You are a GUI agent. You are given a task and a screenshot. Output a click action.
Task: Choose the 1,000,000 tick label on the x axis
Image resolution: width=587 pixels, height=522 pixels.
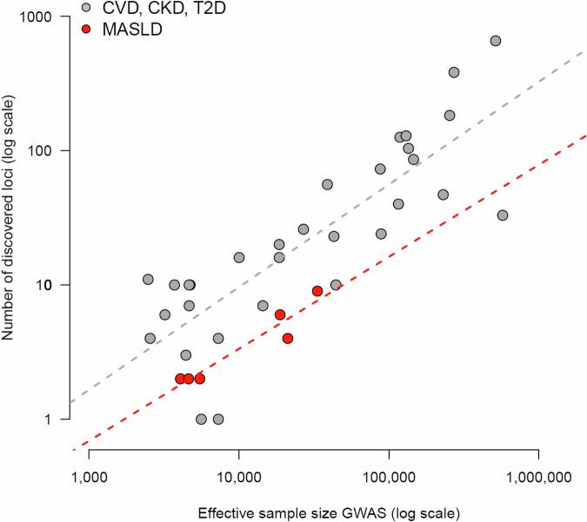point(539,476)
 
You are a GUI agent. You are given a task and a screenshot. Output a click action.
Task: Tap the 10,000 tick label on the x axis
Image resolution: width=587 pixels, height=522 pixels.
point(238,476)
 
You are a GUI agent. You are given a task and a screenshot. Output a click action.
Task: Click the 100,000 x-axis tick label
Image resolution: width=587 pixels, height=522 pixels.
point(389,476)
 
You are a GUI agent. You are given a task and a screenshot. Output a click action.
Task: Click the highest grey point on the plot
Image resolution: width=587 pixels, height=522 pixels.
point(496,41)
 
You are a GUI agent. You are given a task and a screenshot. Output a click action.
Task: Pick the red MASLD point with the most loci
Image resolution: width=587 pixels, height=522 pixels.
point(317,291)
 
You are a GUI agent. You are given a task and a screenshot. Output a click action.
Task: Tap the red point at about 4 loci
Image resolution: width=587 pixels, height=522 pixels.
point(288,338)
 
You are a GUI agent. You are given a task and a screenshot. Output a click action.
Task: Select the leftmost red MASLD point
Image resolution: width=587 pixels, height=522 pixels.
point(180,379)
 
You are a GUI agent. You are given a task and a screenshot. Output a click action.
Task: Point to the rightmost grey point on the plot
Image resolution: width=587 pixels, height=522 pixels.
point(502,215)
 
